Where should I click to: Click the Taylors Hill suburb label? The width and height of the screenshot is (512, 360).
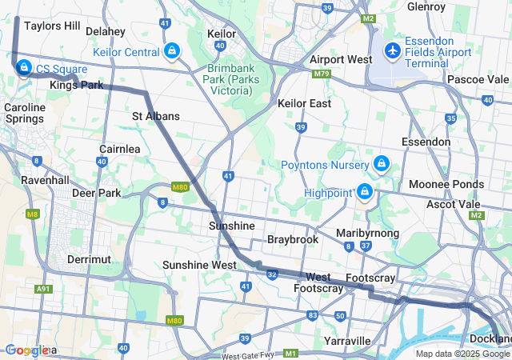[x=51, y=26]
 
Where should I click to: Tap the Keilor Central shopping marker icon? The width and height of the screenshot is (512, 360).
[x=171, y=52]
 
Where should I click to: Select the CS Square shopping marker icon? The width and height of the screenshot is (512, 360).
[x=24, y=68]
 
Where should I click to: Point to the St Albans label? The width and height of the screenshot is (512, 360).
[x=155, y=116]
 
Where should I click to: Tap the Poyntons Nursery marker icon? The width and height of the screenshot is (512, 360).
[x=382, y=164]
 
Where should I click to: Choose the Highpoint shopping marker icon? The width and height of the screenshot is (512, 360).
[x=365, y=192]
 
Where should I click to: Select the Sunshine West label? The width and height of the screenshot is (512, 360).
[x=198, y=265]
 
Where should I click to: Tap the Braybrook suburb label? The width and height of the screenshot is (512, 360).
[x=292, y=239]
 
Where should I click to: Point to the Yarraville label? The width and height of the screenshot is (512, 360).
[x=347, y=341]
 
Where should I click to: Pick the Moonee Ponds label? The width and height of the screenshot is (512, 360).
[x=446, y=184]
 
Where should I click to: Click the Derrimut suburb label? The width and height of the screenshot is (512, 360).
[x=89, y=260]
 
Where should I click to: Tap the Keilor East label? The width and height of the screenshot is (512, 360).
[x=304, y=104]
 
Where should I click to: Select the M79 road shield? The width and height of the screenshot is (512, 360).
[x=322, y=74]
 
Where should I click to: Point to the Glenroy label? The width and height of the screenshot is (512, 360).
[x=426, y=6]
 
